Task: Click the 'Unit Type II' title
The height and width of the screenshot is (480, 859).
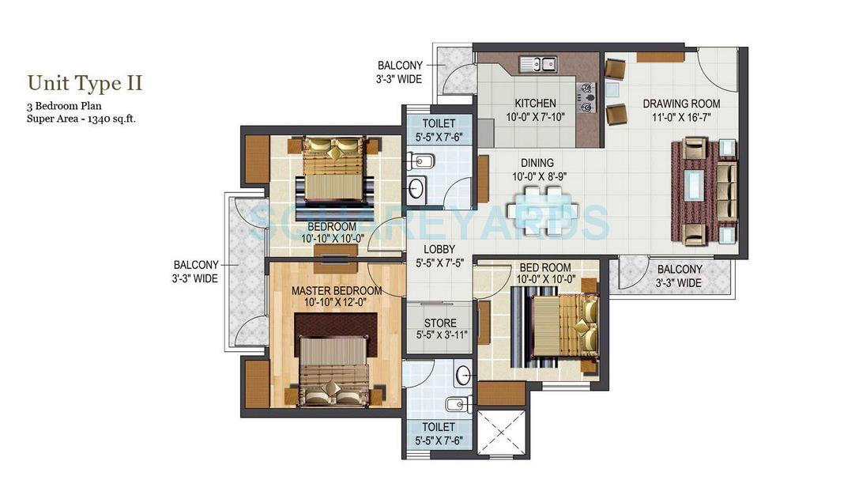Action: (85, 83)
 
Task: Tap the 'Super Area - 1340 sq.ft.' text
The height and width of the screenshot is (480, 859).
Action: (86, 119)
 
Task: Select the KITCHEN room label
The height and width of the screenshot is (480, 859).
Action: (535, 104)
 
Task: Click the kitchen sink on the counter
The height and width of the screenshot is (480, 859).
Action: (538, 64)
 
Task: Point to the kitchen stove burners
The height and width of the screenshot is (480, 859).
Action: (586, 97)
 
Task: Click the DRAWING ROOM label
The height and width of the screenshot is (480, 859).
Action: (680, 104)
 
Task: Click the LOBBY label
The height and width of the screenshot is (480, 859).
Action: (439, 249)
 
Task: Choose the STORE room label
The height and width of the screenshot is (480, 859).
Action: (440, 323)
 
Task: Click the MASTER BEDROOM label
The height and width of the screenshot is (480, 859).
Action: (336, 290)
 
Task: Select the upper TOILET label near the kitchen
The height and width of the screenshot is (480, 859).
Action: (439, 123)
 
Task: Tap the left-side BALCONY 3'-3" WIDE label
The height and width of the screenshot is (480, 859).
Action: (196, 271)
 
